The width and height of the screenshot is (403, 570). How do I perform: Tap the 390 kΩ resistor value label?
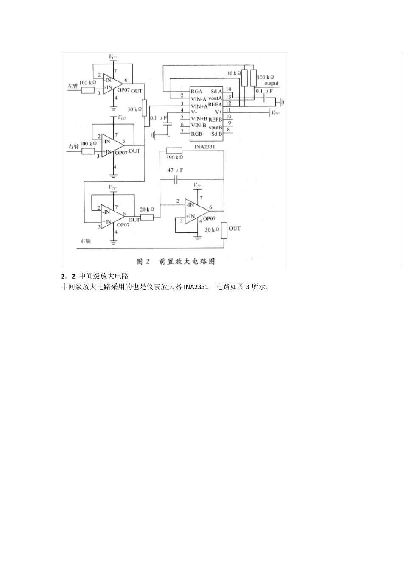pos(174,157)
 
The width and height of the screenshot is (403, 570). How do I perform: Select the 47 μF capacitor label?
pos(175,170)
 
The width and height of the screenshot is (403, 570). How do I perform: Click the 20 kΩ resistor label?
pos(147,210)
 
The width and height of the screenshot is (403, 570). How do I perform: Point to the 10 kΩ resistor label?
pos(234,73)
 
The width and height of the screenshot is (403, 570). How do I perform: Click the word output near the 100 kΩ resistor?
pos(271,84)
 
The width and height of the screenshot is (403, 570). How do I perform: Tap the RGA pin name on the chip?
pos(197,91)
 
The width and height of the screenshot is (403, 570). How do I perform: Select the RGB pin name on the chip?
pos(197,134)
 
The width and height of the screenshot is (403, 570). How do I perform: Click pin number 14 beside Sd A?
pos(228,89)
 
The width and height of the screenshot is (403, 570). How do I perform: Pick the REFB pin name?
pos(215,120)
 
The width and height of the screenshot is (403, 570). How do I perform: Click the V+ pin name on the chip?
pos(218,112)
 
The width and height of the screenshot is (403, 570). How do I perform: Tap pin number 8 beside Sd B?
pos(228,130)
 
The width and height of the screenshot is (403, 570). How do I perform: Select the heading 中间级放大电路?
pos(104,276)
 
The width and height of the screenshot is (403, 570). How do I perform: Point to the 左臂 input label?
pos(73,86)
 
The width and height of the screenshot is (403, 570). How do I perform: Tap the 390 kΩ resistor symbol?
pos(174,150)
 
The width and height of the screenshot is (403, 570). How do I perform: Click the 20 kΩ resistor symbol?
pos(147,217)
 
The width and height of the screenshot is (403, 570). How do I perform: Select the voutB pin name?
pos(215,127)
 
